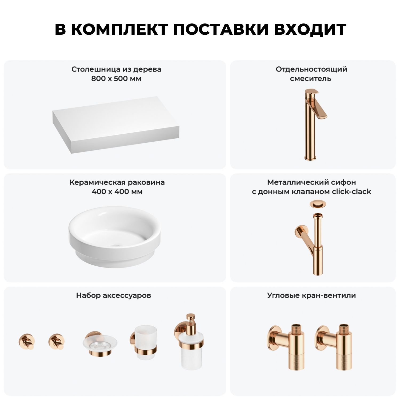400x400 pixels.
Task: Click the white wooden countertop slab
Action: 116,125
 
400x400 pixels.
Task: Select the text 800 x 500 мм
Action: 116,79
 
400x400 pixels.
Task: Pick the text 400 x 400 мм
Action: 117,191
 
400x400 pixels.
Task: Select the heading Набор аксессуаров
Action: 114,295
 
